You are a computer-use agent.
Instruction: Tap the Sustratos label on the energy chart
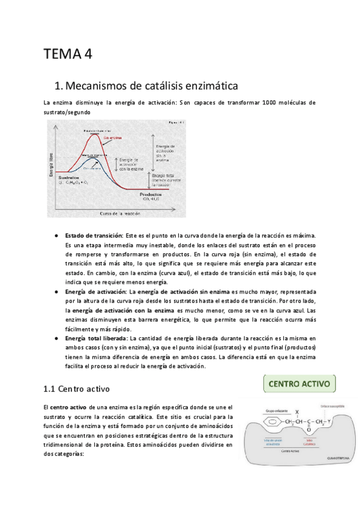point(68,178)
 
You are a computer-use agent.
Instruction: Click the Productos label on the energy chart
point(151,194)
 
